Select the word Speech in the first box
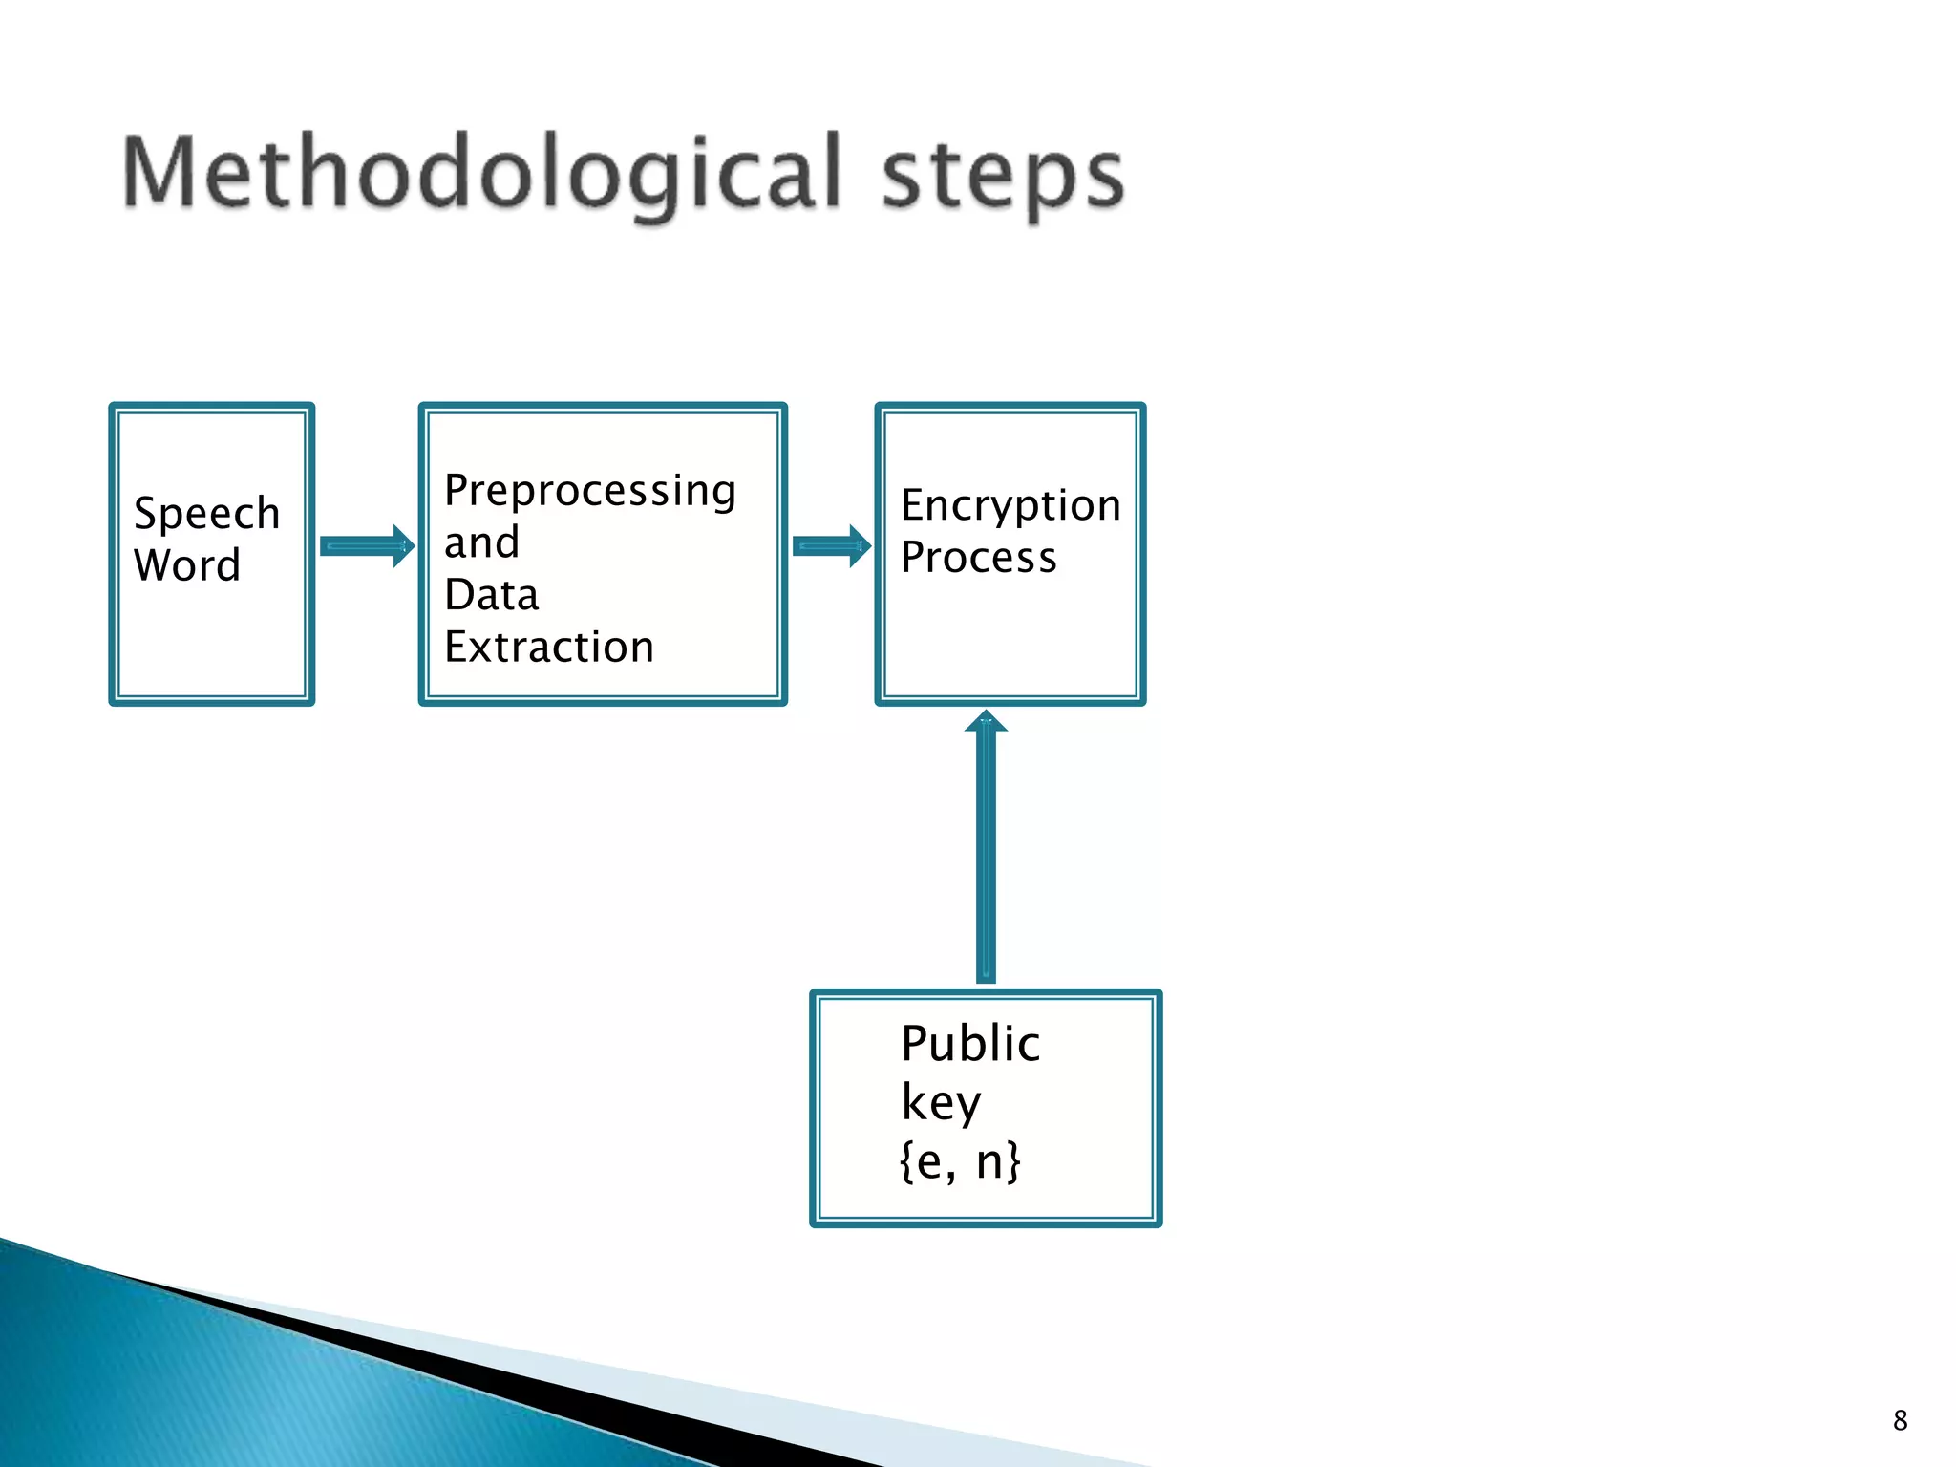click(x=207, y=514)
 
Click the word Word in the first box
click(x=187, y=565)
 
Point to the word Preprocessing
click(x=590, y=492)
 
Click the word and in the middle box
click(x=482, y=542)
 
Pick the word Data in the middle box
click(x=492, y=595)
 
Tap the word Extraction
click(x=549, y=648)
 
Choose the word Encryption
click(x=1010, y=506)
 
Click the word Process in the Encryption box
click(x=979, y=558)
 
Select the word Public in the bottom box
click(x=970, y=1043)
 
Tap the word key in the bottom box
click(x=941, y=1104)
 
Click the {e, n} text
click(x=960, y=1162)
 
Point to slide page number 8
click(x=1900, y=1420)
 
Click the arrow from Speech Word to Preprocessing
click(x=367, y=546)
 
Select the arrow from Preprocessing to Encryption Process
click(x=832, y=546)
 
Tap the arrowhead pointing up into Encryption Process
click(x=986, y=722)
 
